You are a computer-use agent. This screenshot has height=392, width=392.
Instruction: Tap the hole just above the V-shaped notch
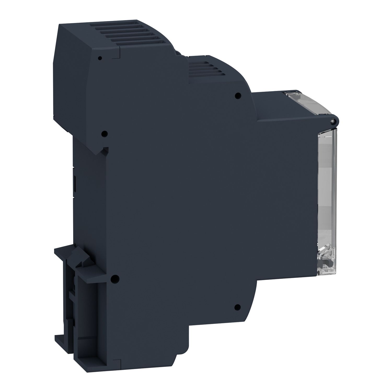[104, 134]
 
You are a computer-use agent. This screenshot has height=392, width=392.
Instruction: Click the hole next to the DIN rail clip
[114, 279]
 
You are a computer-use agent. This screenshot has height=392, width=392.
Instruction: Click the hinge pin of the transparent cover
[332, 121]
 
